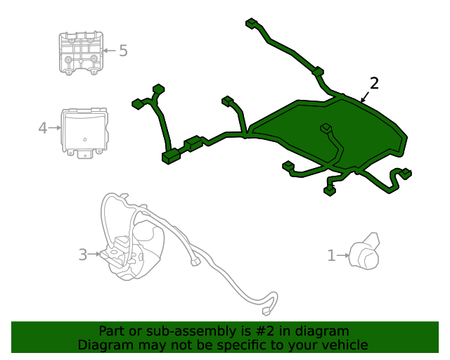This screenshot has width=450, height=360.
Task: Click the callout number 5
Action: [x=123, y=51]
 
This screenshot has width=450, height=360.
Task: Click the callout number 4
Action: [x=42, y=128]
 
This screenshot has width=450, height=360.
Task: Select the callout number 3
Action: [x=82, y=255]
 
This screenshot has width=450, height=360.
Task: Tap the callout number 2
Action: [x=374, y=84]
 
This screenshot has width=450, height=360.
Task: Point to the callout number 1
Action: [x=331, y=256]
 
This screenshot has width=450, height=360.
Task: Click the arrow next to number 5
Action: [x=108, y=51]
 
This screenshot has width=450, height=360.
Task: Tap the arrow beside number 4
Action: [x=55, y=128]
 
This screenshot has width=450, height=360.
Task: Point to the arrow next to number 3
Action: [x=94, y=254]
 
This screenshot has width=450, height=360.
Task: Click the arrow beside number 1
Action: [x=343, y=256]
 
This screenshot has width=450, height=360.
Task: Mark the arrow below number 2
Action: [x=365, y=98]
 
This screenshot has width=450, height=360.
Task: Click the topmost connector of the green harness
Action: [x=250, y=23]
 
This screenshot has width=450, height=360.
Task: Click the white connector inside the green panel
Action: [x=325, y=128]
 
